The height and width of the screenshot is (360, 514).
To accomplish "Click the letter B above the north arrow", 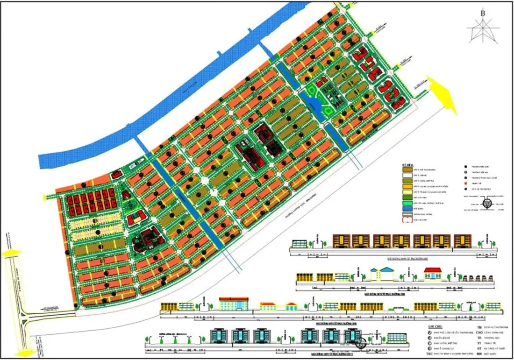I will (x=482, y=13).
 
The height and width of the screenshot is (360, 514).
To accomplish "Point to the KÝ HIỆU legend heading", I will (x=408, y=165).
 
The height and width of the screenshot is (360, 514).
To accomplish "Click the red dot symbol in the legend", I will (x=466, y=184).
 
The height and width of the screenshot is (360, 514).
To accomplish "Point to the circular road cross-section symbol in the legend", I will (x=487, y=204).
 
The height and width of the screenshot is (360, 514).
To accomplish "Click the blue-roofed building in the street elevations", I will (x=383, y=274).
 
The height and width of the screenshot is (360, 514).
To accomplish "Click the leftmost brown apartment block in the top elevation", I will (x=342, y=240).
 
